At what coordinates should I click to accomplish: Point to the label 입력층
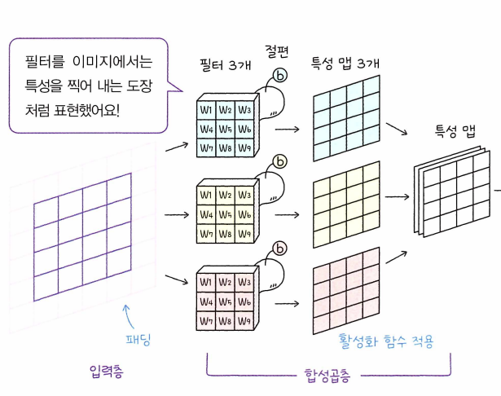click(108, 371)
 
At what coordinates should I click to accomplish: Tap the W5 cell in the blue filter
click(224, 129)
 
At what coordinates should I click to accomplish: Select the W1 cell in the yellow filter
click(206, 195)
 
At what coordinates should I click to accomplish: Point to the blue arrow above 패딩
click(125, 313)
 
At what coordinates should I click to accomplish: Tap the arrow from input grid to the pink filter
click(175, 279)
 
